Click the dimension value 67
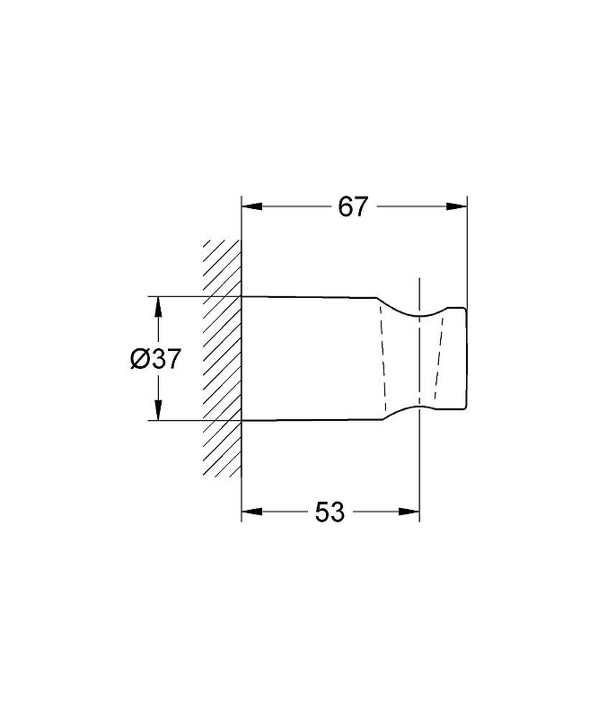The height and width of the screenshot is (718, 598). click(353, 207)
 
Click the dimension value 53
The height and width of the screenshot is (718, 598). click(330, 512)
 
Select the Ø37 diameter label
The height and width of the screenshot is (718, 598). click(155, 358)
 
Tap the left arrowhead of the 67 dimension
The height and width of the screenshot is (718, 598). click(251, 206)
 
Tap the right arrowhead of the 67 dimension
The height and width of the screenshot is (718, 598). click(457, 206)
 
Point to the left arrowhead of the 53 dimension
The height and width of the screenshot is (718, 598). click(251, 512)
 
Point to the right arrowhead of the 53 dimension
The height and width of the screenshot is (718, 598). click(409, 512)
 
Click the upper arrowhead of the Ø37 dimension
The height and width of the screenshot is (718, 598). click(158, 307)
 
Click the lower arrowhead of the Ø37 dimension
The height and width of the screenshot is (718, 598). click(158, 410)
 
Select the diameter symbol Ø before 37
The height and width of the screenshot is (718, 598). click(138, 358)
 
